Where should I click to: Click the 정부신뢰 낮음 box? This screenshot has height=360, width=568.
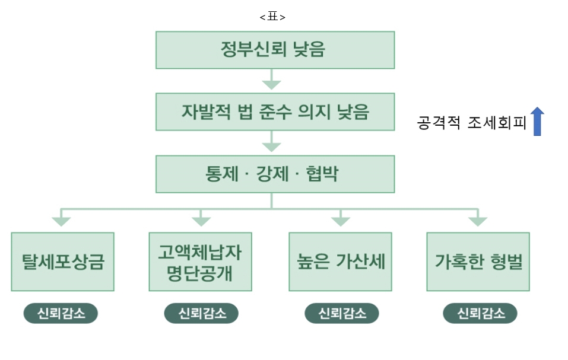point(275,50)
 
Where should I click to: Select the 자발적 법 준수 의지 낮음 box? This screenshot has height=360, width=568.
point(275,111)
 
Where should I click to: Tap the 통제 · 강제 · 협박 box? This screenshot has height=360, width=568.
point(275,174)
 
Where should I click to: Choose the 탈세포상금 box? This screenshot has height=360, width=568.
point(62,262)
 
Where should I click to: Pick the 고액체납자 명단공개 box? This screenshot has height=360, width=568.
point(200,262)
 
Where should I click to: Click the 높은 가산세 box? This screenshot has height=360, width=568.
point(340,262)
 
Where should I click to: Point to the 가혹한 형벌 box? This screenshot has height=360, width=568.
point(478,262)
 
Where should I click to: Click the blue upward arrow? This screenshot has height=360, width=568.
point(537,122)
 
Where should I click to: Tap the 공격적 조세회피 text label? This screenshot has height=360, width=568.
point(472,123)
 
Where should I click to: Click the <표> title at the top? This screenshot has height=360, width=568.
point(272,17)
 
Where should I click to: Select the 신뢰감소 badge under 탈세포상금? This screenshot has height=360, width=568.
point(61,314)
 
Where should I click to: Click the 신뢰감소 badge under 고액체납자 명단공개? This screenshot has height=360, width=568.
point(201,314)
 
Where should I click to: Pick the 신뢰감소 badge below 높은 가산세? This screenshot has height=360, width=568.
point(341,314)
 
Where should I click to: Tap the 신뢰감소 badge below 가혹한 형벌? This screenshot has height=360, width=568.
point(480,314)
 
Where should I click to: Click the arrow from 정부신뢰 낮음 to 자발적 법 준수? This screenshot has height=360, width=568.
point(272,80)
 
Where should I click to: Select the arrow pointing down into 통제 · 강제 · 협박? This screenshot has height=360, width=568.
point(272,142)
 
